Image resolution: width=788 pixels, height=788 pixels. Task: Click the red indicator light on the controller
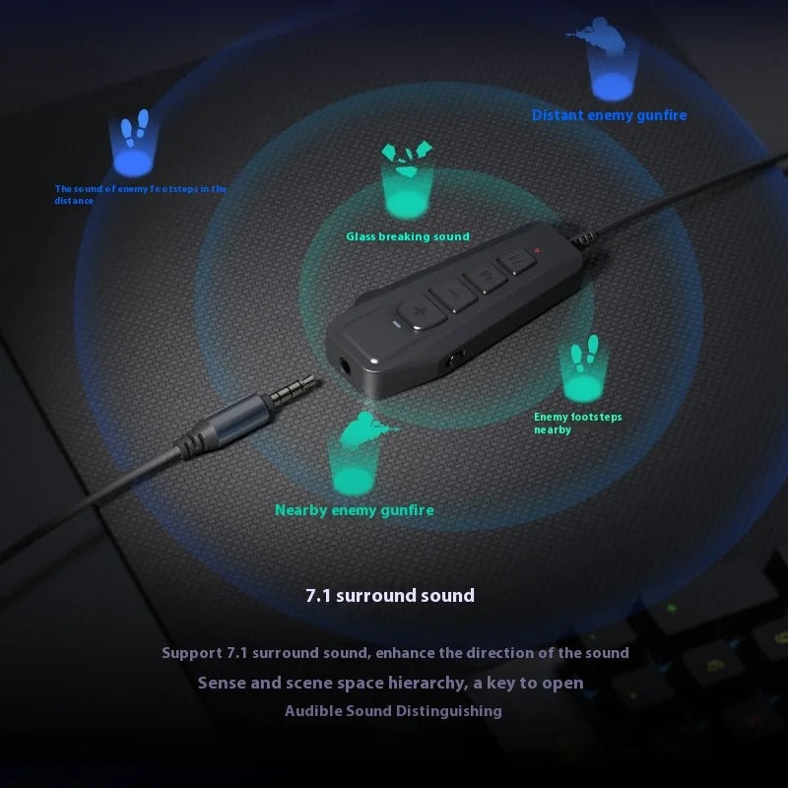pyautogui.click(x=537, y=250)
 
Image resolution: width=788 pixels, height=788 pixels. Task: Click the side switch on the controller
pyautogui.click(x=456, y=360)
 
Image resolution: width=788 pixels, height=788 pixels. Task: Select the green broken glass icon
pyautogui.click(x=407, y=159)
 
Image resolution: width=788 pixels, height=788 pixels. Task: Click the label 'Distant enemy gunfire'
pyautogui.click(x=609, y=115)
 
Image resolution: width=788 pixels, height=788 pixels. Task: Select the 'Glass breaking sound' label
pyautogui.click(x=408, y=236)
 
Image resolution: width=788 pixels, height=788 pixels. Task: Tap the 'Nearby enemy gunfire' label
pyautogui.click(x=355, y=510)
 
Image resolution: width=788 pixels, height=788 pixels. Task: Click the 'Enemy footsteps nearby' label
pyautogui.click(x=577, y=424)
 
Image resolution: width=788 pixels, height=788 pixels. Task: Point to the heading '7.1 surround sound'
pyautogui.click(x=390, y=596)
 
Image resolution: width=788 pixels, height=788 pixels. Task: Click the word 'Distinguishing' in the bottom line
pyautogui.click(x=449, y=711)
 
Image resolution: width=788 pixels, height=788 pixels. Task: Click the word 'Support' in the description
pyautogui.click(x=192, y=653)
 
